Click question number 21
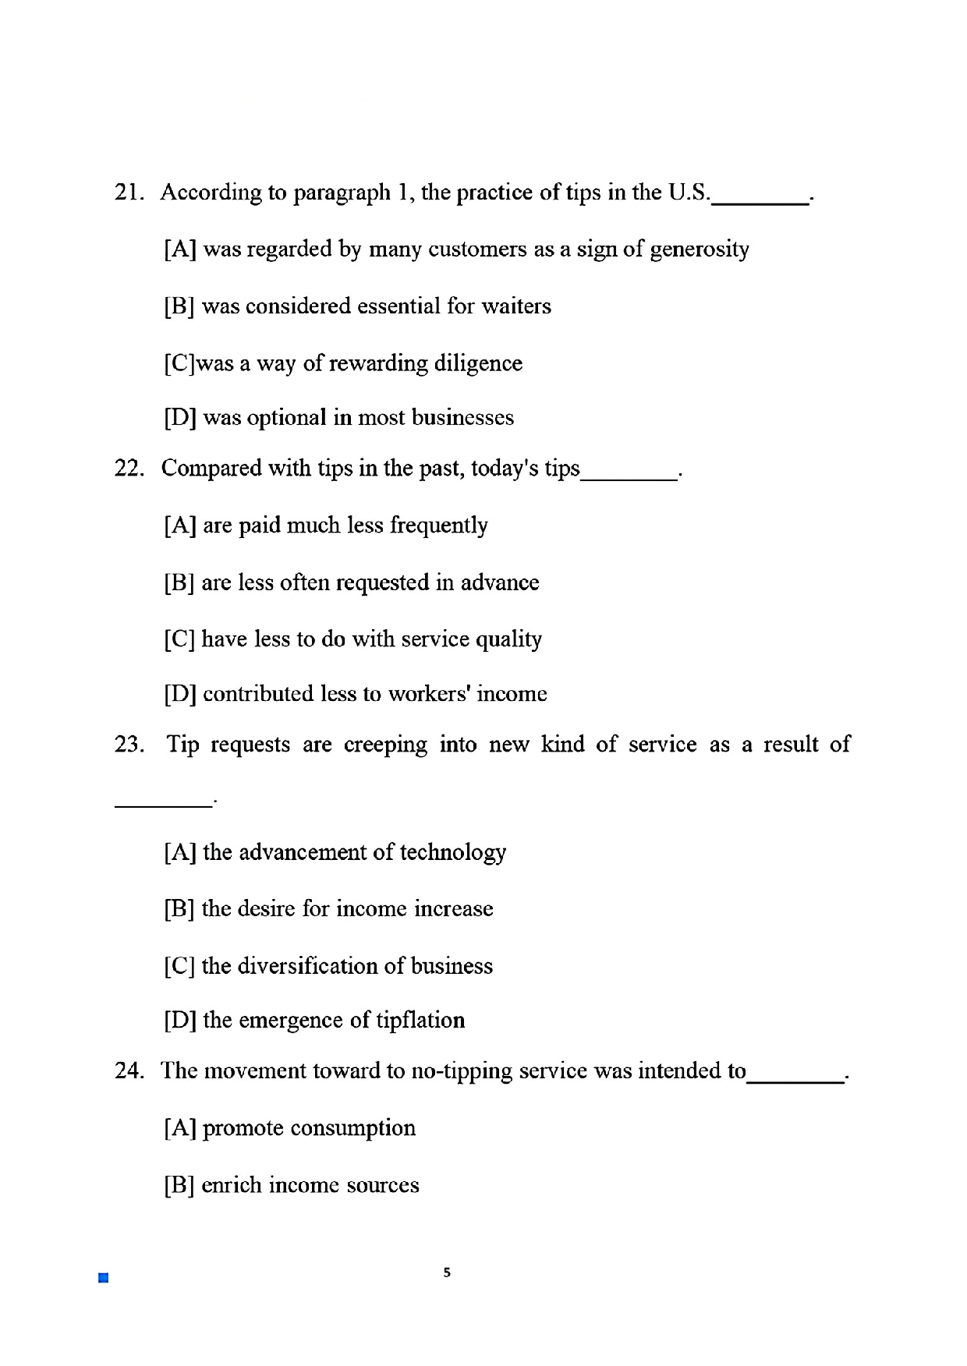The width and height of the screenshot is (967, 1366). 129,193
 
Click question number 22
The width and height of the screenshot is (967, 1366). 129,469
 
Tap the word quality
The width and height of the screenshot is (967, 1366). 508,640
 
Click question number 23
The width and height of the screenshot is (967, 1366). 129,745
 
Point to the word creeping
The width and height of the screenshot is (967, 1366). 385,745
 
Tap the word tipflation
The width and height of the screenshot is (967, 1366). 420,1021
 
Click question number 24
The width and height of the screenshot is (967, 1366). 129,1071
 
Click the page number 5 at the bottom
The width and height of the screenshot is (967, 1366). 447,1272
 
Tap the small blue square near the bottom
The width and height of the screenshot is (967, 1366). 103,1278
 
